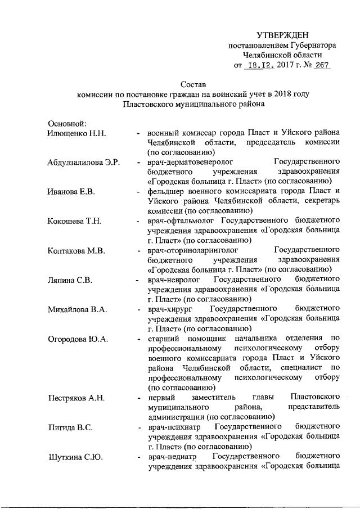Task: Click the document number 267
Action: [321, 66]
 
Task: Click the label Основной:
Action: [66, 123]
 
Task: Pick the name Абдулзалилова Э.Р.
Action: [84, 163]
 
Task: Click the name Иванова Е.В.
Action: [71, 192]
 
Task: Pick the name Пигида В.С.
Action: [70, 427]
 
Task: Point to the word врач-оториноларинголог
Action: [193, 250]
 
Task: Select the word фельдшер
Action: [165, 192]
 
